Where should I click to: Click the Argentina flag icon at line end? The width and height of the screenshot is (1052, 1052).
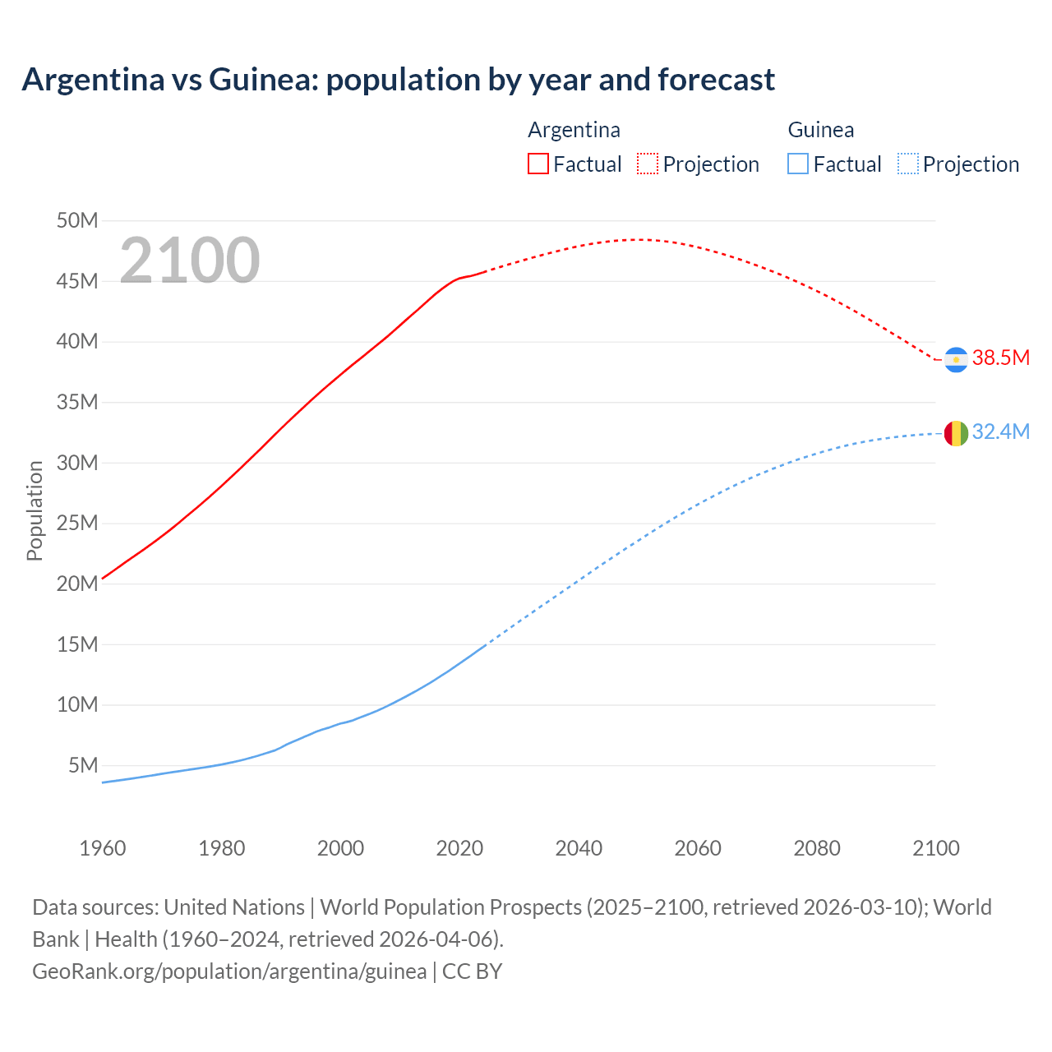(956, 360)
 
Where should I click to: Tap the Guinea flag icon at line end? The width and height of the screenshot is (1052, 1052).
(956, 433)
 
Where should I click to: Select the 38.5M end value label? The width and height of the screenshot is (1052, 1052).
(1000, 358)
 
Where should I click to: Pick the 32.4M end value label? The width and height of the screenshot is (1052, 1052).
(1000, 431)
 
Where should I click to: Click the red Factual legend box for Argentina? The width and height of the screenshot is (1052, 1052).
(538, 164)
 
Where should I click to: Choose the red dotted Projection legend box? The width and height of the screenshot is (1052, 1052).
(648, 164)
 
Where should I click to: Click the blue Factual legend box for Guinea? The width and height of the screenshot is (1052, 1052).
(798, 164)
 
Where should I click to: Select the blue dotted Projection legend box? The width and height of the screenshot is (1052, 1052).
(908, 164)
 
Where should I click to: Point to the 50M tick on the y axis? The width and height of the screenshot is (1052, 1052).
(77, 220)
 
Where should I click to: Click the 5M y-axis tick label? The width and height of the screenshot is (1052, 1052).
(83, 765)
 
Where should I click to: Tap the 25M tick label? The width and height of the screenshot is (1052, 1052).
(77, 523)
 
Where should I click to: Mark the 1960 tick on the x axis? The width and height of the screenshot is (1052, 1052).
(103, 848)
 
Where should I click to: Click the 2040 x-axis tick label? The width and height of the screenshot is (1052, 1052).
(579, 848)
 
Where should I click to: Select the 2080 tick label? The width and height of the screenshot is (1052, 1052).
(817, 848)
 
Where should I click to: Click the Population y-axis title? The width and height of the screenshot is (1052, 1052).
(35, 510)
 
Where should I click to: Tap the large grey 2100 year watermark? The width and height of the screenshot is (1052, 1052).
(190, 261)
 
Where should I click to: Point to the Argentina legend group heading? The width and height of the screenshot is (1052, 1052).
(574, 130)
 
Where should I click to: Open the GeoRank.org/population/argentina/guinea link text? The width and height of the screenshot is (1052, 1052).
(229, 971)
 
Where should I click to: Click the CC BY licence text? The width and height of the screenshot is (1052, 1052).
(472, 971)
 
